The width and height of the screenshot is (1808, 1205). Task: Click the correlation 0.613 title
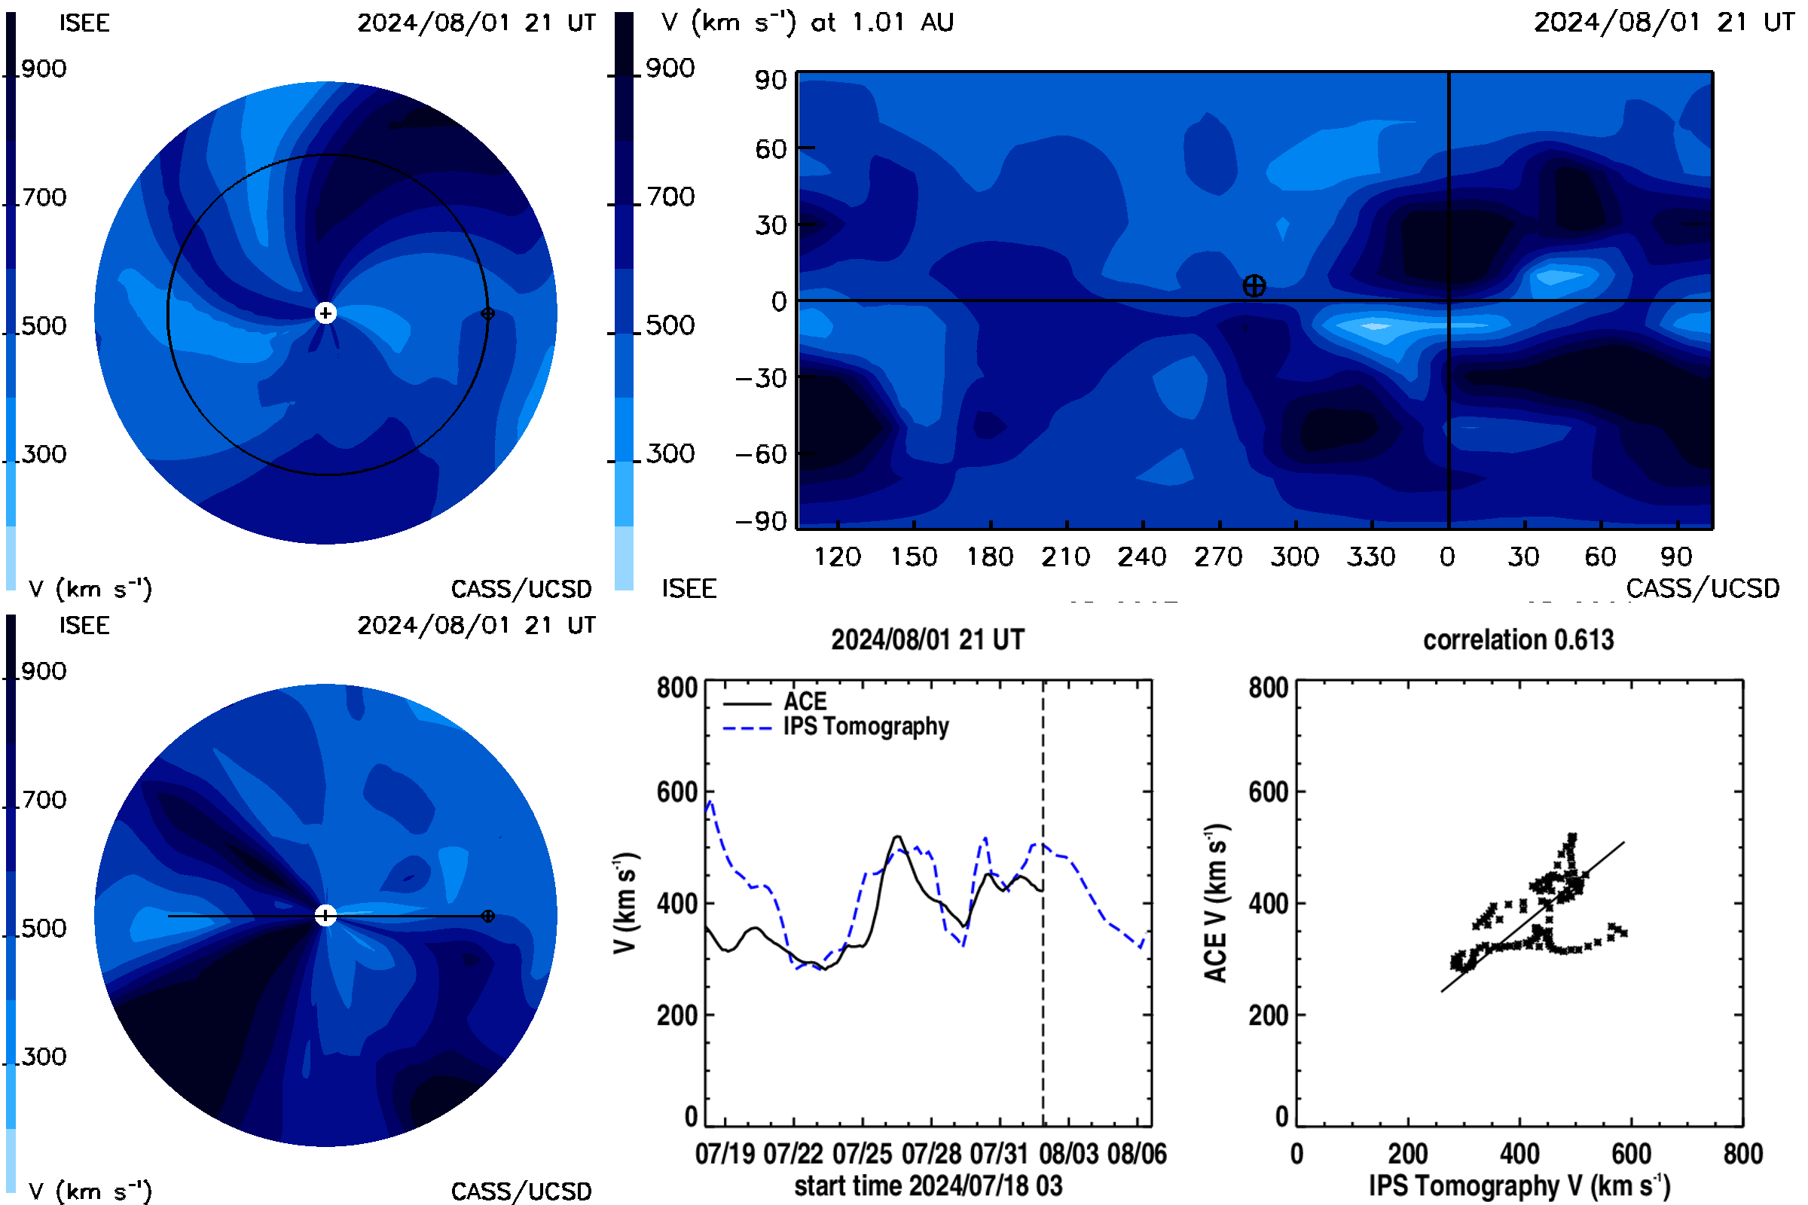[x=1518, y=639]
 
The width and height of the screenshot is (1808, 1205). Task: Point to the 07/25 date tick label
[x=863, y=1154]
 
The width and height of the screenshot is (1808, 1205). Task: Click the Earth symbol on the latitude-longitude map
[x=1254, y=286]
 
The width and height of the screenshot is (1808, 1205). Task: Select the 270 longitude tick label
[x=1218, y=557]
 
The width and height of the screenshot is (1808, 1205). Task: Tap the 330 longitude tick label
[x=1370, y=557]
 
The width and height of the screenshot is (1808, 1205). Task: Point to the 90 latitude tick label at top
[x=771, y=80]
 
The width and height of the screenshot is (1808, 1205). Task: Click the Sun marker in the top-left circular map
[x=326, y=313]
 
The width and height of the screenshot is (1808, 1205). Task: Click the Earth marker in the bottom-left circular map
[x=487, y=916]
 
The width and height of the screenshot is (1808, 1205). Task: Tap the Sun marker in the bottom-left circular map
[x=326, y=915]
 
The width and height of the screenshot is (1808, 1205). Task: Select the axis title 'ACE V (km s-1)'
[x=1216, y=903]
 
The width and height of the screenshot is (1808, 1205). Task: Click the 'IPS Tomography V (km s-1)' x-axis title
[x=1519, y=1185]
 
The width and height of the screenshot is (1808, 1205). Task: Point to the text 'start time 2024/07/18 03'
[x=929, y=1185]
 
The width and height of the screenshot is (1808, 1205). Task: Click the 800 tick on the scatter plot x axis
[x=1742, y=1154]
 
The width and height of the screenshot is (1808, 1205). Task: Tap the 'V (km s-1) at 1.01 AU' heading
[x=808, y=23]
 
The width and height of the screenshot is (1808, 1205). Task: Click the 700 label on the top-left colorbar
[x=44, y=197]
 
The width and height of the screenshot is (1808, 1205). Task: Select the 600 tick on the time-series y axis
[x=676, y=792]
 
